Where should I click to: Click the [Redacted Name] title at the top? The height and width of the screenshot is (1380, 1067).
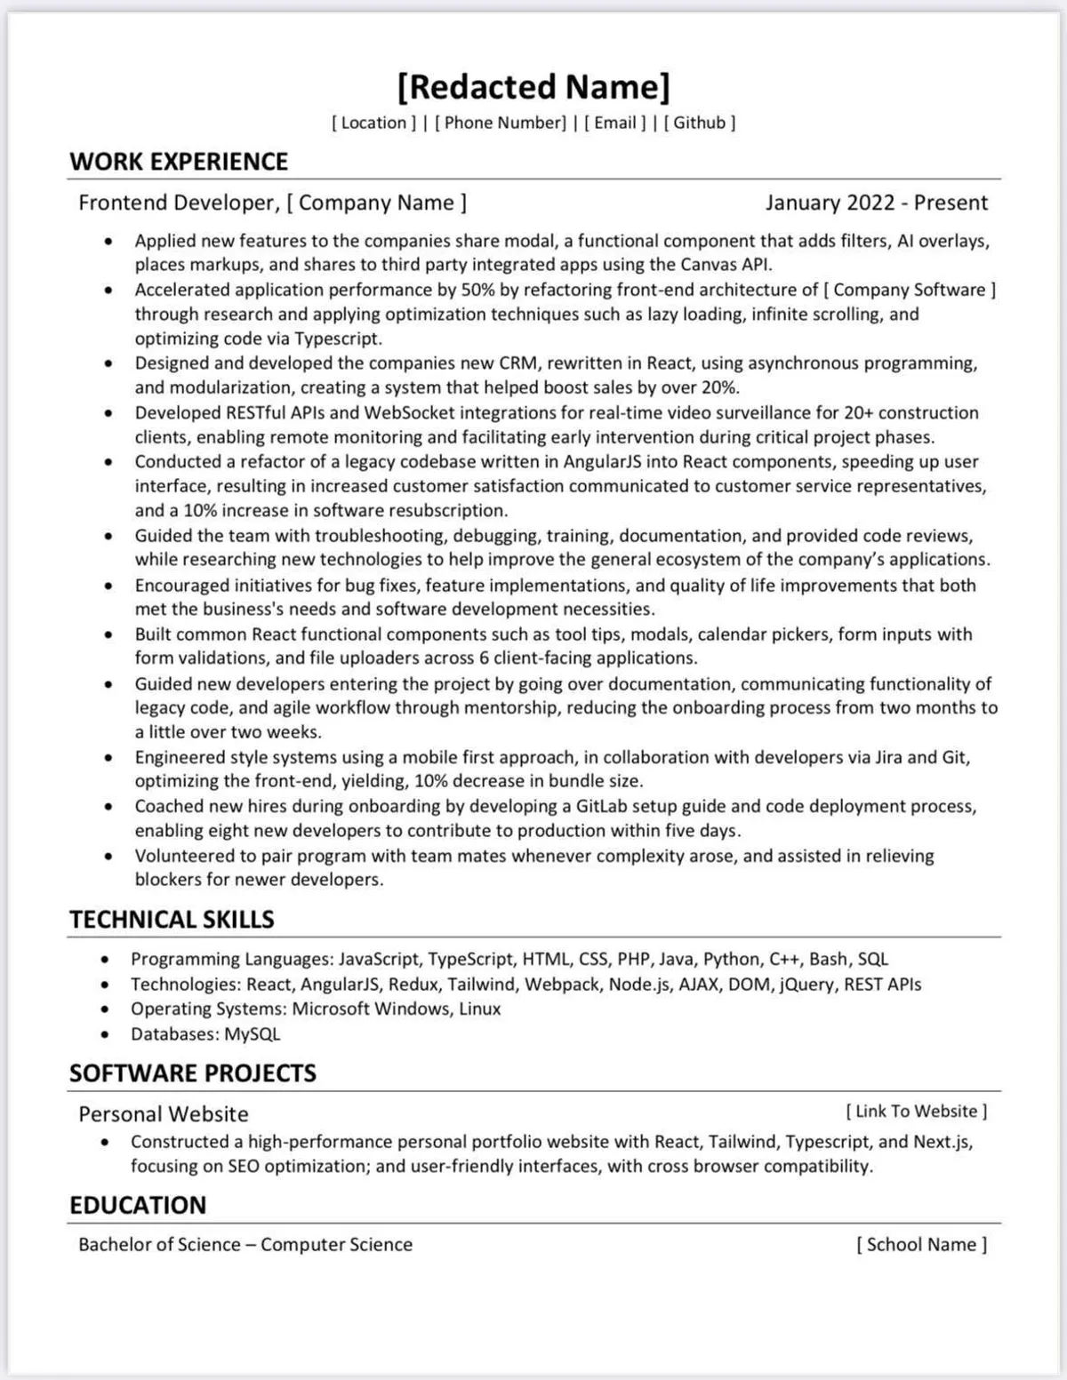click(x=533, y=87)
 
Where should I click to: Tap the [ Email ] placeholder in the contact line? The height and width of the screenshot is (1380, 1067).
click(x=614, y=123)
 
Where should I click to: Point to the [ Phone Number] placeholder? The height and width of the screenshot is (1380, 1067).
click(x=500, y=123)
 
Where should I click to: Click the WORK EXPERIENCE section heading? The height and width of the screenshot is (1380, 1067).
click(x=179, y=162)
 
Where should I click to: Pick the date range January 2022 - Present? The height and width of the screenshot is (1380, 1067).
click(x=876, y=203)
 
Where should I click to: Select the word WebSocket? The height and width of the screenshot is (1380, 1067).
click(x=409, y=412)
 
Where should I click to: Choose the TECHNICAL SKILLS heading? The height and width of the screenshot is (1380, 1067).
click(x=172, y=920)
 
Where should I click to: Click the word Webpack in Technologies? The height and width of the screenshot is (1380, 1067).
click(x=562, y=985)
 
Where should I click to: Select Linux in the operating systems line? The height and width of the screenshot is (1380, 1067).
click(x=479, y=1009)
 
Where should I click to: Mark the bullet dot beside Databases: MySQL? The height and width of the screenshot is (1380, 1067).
click(x=106, y=1034)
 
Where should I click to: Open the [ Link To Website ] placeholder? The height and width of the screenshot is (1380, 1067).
click(x=916, y=1111)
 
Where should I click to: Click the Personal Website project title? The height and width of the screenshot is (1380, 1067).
click(x=164, y=1113)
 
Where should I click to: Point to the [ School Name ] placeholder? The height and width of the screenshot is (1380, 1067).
click(x=921, y=1244)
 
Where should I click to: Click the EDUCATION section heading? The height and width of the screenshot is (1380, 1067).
click(x=138, y=1206)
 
